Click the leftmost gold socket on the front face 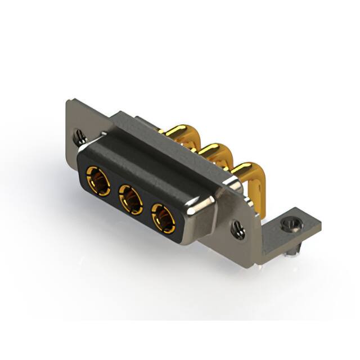pyautogui.click(x=98, y=181)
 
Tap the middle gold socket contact pyautogui.click(x=130, y=199)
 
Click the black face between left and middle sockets pyautogui.click(x=114, y=191)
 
